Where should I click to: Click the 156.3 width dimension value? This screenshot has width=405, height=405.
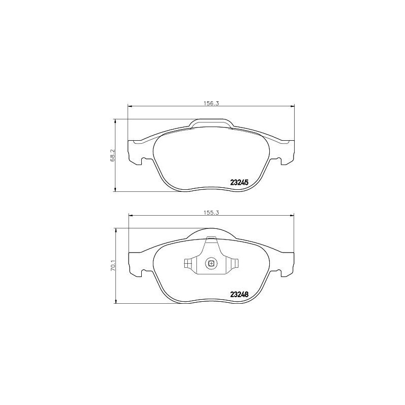tap(210, 103)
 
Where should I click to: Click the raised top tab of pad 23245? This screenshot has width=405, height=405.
tap(211, 123)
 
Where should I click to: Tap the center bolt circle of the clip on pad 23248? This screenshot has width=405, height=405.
tap(211, 263)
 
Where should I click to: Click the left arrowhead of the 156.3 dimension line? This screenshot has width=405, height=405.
tap(130, 106)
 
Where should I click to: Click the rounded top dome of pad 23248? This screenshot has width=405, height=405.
tap(211, 233)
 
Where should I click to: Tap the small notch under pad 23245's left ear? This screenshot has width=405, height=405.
tap(144, 161)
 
